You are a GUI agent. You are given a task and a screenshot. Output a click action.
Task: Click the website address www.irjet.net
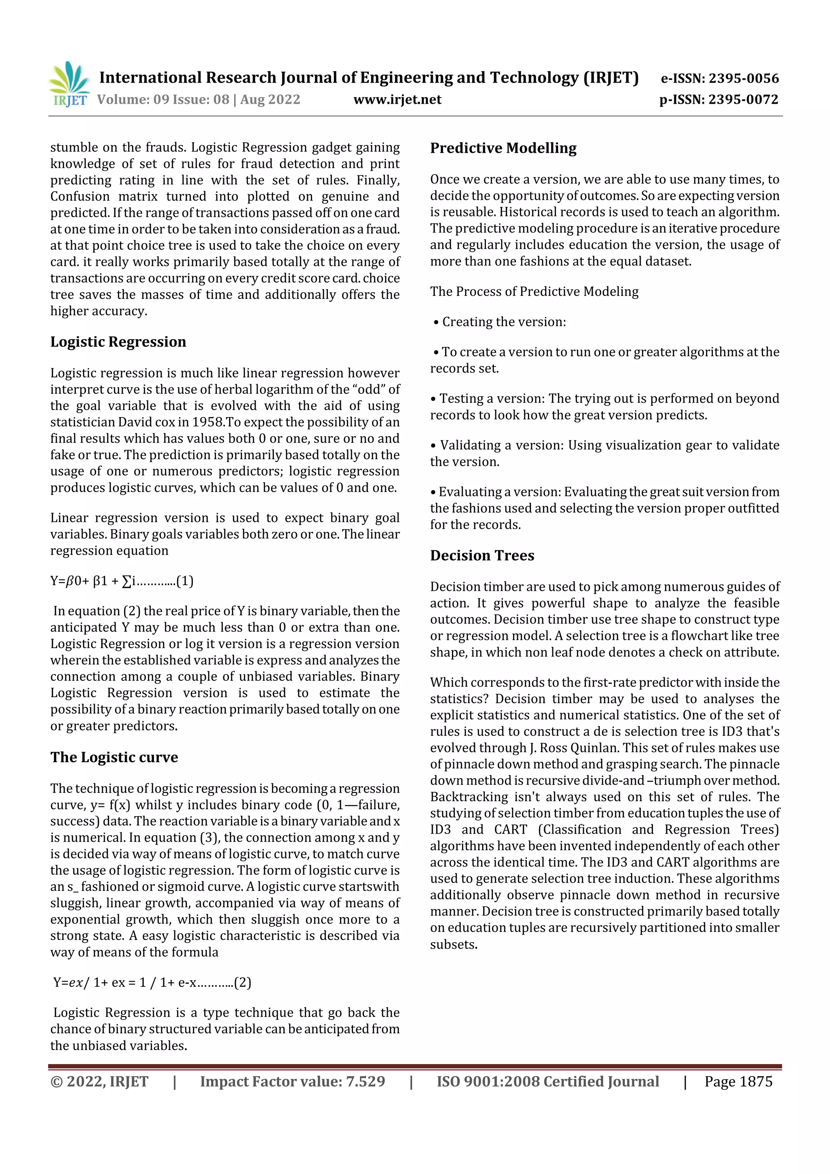(397, 100)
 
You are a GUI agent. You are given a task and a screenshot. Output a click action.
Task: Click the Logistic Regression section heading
(118, 342)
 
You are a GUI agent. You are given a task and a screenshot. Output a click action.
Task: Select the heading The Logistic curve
(114, 757)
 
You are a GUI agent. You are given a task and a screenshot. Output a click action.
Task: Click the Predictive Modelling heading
(503, 148)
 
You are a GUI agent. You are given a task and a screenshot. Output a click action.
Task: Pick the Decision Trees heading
(482, 556)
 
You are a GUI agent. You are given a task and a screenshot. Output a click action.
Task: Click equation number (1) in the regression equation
(185, 582)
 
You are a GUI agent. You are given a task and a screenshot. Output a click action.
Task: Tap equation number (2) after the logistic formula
(242, 983)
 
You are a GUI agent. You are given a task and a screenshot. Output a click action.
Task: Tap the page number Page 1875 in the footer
(738, 1082)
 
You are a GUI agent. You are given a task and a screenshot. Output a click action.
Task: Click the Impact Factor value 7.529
(365, 1082)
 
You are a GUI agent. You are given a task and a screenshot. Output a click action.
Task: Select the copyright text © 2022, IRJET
(99, 1082)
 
